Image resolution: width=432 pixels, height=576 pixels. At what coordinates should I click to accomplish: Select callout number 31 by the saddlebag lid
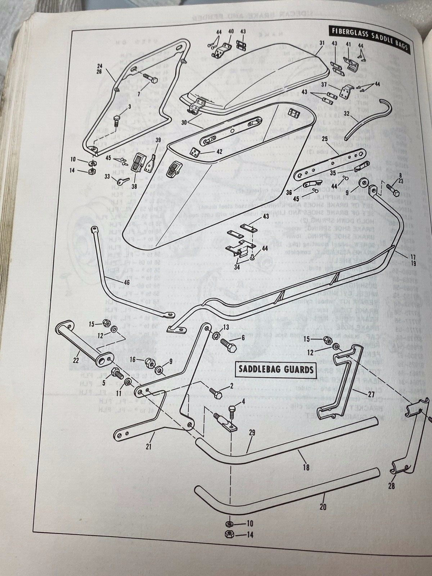tap(321, 42)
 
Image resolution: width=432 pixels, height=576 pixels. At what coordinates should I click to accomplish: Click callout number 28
tap(391, 486)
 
